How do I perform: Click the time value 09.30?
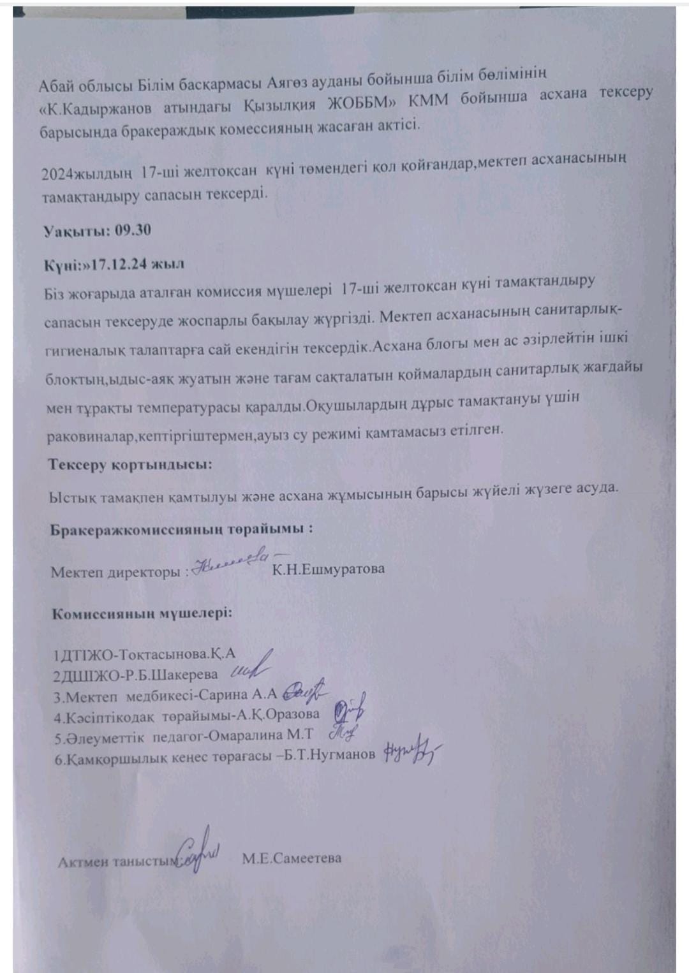pos(133,230)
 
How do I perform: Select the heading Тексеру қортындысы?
pos(130,464)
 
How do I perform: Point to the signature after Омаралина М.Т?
pos(344,733)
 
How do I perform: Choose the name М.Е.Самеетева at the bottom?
pos(292,858)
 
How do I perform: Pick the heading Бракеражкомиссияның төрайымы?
pos(181,529)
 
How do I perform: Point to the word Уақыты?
pos(76,231)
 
